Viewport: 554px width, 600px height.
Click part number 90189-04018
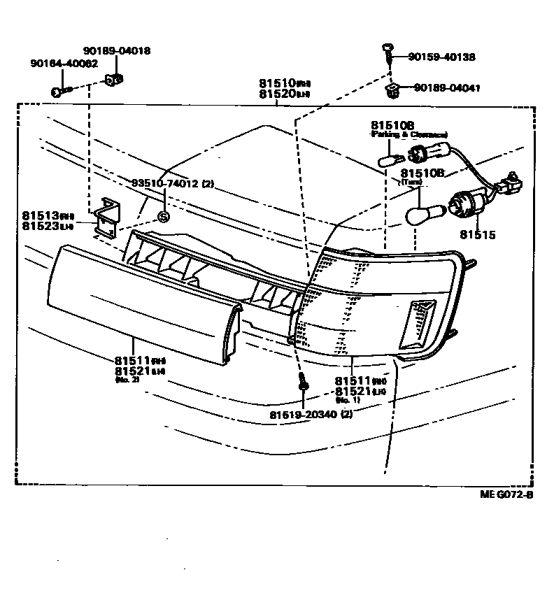(117, 51)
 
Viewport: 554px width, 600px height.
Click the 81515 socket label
(478, 235)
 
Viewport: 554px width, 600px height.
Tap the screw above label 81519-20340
(303, 383)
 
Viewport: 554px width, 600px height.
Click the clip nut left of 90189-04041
(392, 89)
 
